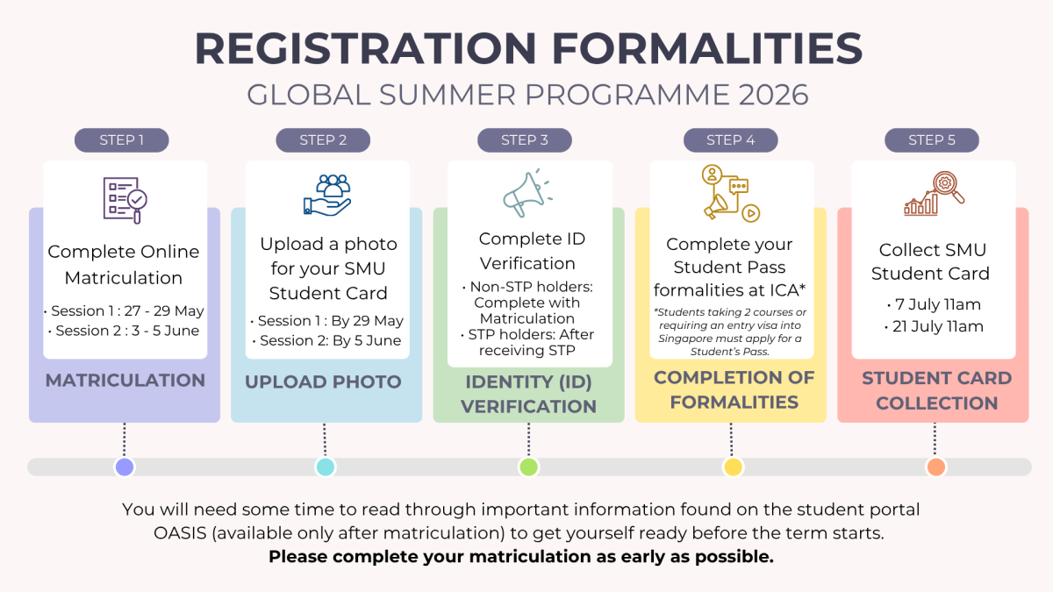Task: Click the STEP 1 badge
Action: [121, 140]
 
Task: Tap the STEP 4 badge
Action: [730, 140]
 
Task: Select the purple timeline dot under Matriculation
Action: [125, 467]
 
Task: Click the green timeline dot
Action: [528, 467]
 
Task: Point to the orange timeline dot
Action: [936, 467]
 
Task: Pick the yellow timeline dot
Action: [733, 467]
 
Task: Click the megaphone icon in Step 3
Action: [527, 193]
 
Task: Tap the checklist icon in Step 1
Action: [125, 200]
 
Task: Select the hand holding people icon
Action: [327, 195]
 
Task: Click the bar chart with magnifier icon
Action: [934, 194]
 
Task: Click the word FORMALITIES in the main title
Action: [707, 48]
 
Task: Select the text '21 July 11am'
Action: [934, 326]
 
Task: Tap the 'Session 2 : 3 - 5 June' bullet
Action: [124, 331]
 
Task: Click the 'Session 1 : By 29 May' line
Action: [326, 321]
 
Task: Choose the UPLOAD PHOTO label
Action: [323, 382]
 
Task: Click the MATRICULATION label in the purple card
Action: [125, 381]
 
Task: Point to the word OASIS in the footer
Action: [180, 533]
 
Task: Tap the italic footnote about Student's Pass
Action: [730, 332]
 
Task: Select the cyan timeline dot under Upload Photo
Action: [326, 467]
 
